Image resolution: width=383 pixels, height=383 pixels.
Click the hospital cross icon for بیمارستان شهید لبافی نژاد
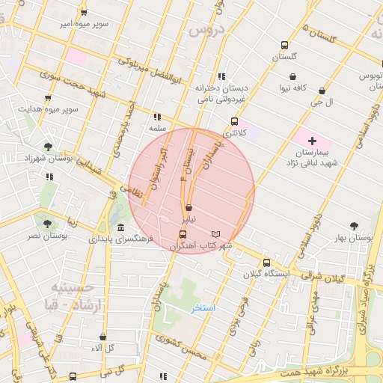coord(312,141)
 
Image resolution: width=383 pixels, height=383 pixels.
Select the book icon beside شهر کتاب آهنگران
coord(216,234)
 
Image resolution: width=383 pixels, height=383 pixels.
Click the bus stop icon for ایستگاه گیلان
coord(266,263)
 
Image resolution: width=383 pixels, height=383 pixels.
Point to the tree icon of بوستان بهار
coord(354,224)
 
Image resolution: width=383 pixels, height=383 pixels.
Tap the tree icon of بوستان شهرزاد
coord(49,147)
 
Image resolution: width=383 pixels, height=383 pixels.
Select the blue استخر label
coord(203,308)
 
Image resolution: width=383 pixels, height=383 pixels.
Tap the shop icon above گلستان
coord(284,44)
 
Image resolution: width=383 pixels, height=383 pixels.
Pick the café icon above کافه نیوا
coord(292,76)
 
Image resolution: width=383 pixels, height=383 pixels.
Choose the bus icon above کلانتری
coord(234,121)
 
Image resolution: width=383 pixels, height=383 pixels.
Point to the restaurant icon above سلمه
coord(156,117)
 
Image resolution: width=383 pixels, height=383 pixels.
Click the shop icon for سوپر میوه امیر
coord(83,12)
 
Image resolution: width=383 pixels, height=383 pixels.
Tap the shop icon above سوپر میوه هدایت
coord(48,97)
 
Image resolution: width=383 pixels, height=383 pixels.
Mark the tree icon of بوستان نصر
coord(39,223)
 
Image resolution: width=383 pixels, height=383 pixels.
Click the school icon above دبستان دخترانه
coord(221,76)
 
